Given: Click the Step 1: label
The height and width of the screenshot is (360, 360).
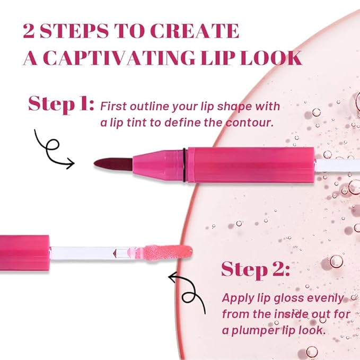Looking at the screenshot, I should tap(60, 104).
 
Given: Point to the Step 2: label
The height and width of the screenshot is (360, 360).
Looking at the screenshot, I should tap(255, 270).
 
